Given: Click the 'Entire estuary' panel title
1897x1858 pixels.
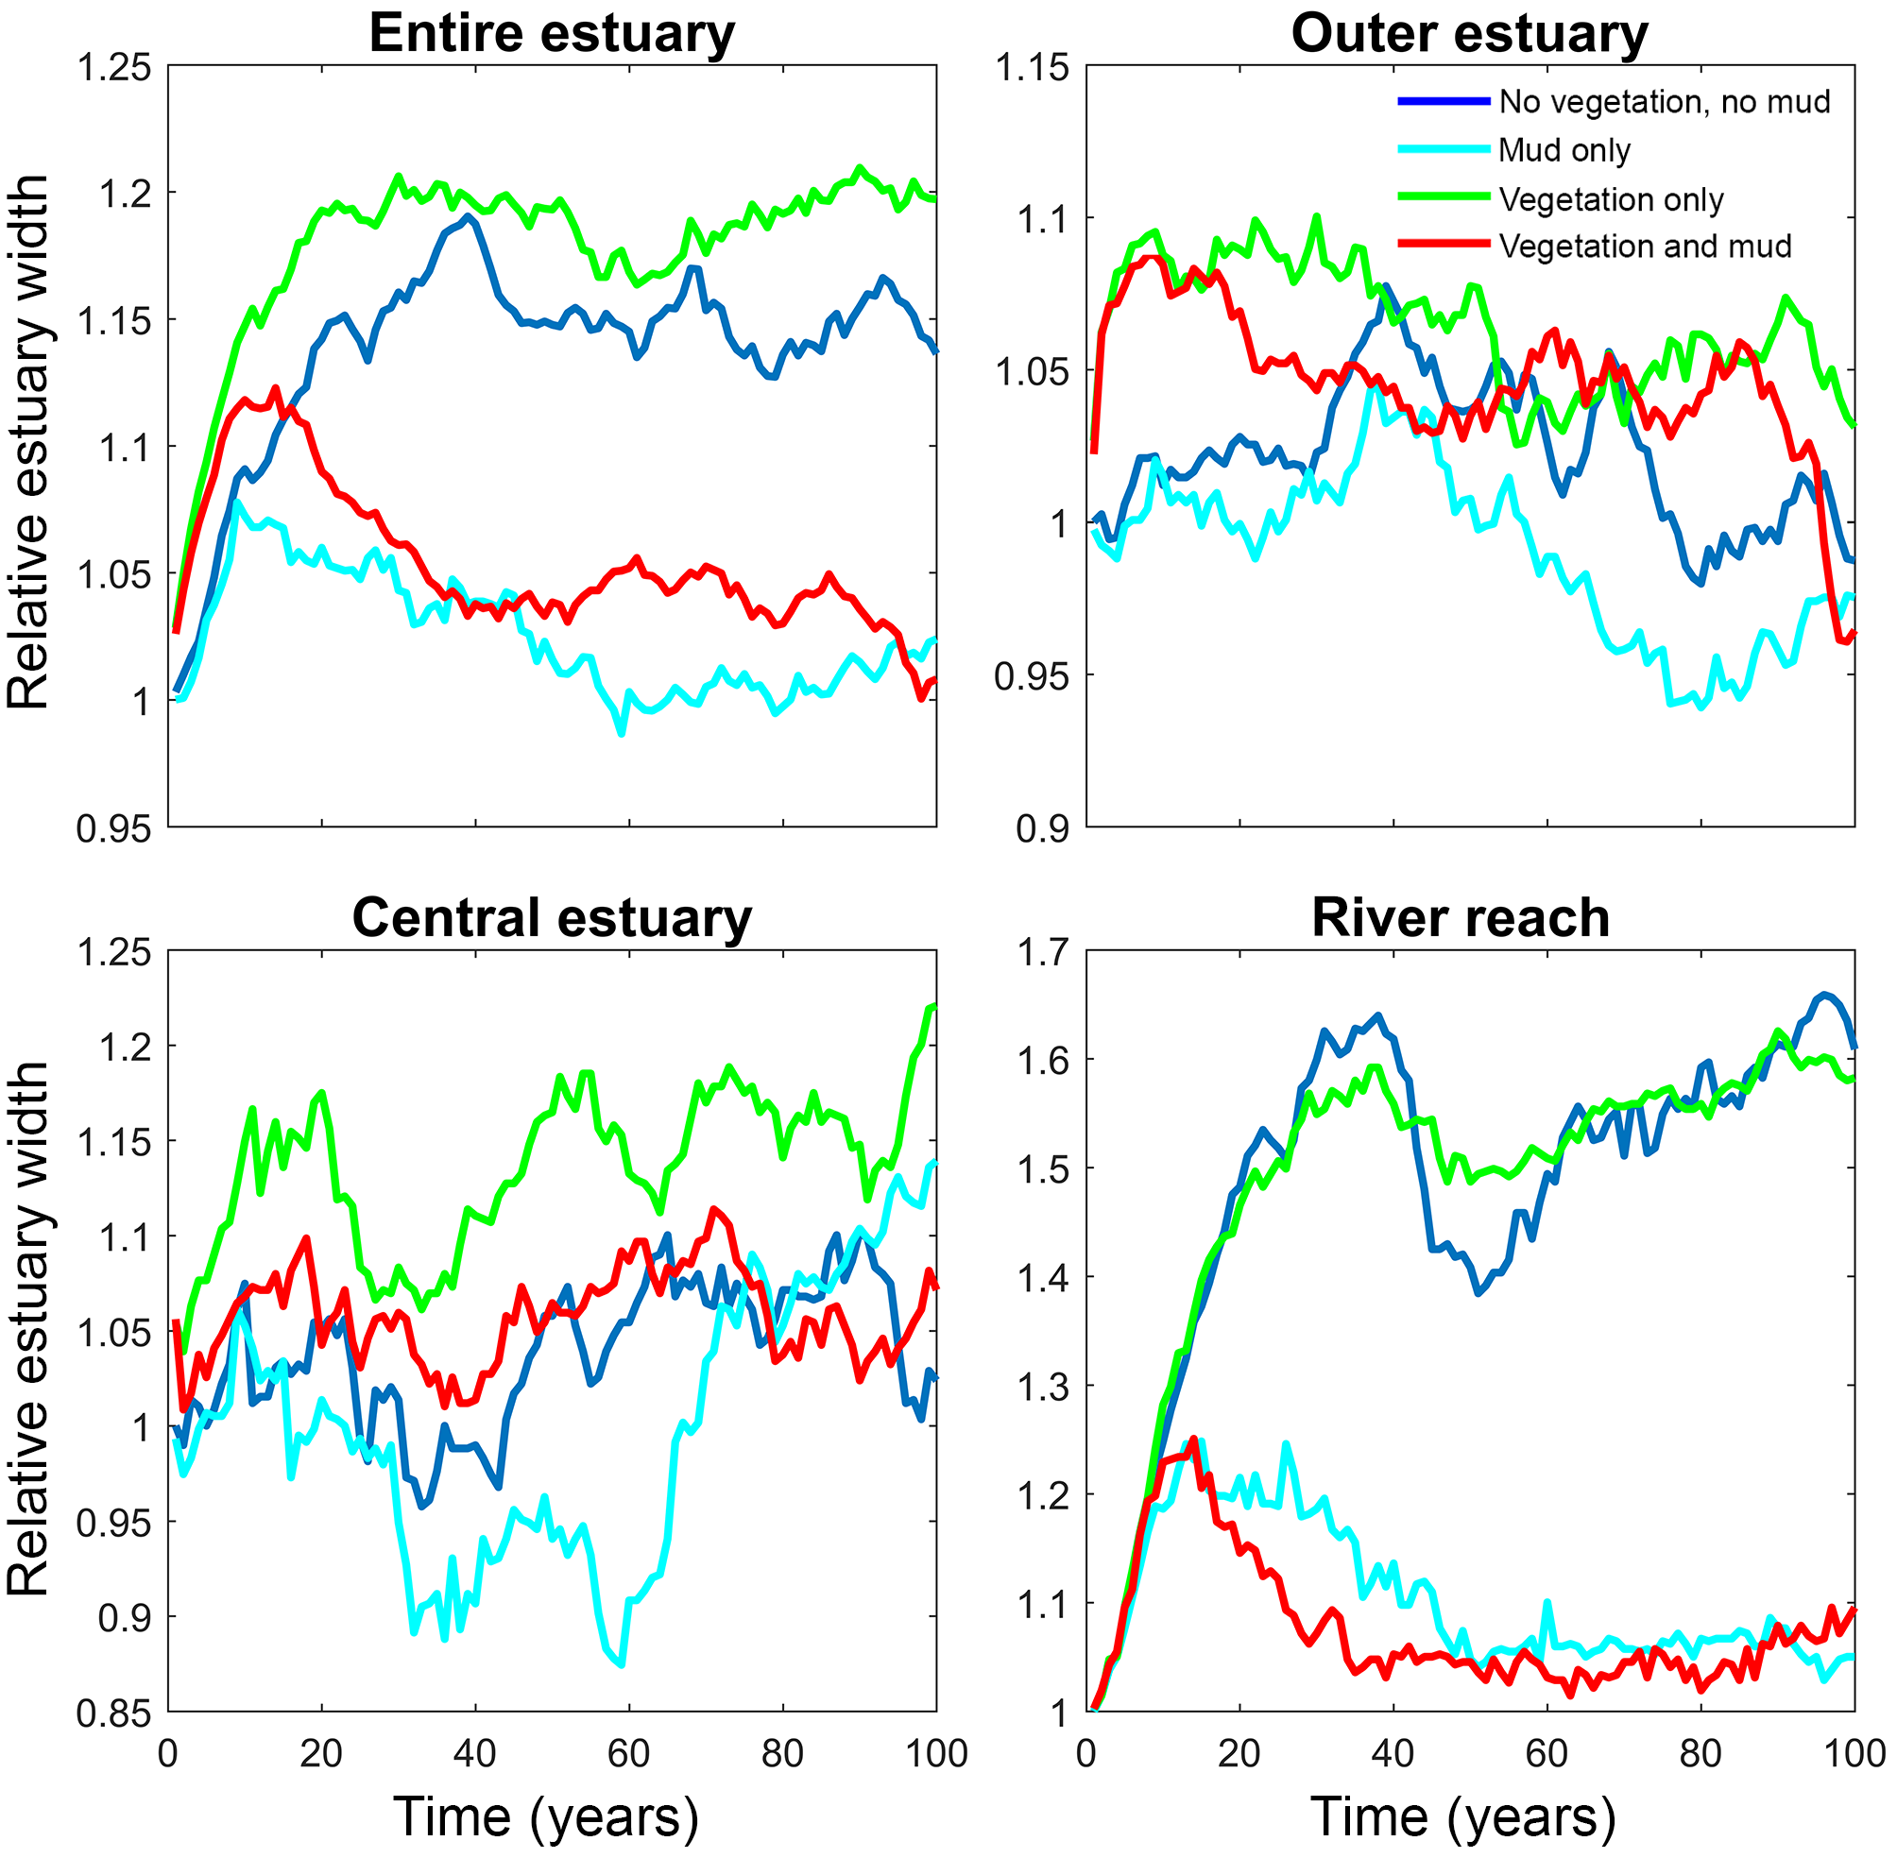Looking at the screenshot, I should pyautogui.click(x=552, y=34).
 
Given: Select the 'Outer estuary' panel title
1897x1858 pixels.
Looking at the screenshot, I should pyautogui.click(x=1469, y=34).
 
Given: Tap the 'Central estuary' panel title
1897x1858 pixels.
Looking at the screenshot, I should pyautogui.click(x=552, y=918).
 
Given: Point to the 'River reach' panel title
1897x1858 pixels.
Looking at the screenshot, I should pyautogui.click(x=1460, y=918).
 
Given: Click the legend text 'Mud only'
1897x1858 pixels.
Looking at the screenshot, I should pyautogui.click(x=1564, y=150).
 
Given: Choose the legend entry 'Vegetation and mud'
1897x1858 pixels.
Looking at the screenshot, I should pyautogui.click(x=1646, y=246).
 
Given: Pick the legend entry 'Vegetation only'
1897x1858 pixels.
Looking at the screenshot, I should pyautogui.click(x=1611, y=199).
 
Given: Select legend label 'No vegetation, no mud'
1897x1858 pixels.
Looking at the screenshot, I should pyautogui.click(x=1664, y=101).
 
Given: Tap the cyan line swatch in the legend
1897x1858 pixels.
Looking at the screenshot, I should pyautogui.click(x=1444, y=149).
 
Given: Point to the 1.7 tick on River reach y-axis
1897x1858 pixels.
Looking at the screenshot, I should pyautogui.click(x=1045, y=951).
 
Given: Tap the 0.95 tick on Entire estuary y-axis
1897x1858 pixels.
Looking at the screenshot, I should pyautogui.click(x=114, y=829).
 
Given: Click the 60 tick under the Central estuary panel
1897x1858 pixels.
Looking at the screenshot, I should pyautogui.click(x=628, y=1754).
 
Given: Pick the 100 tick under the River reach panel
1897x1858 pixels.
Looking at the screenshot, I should pyautogui.click(x=1854, y=1754).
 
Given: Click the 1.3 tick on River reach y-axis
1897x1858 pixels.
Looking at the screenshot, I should pyautogui.click(x=1045, y=1387).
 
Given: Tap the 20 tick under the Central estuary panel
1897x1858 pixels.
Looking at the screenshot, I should pyautogui.click(x=321, y=1754).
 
